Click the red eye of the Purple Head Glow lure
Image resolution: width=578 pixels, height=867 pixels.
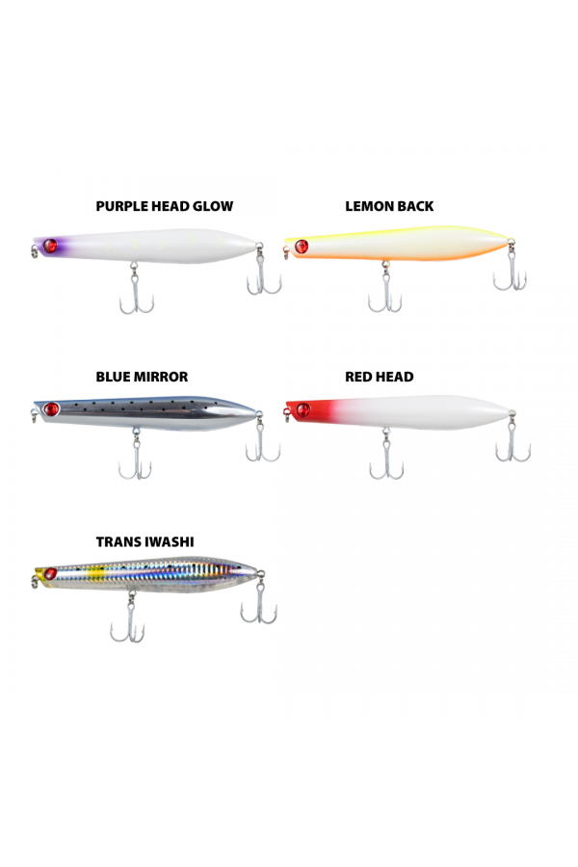50,246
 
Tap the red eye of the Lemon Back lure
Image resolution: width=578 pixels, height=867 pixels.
302,246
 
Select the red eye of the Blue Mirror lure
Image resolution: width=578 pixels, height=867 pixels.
51,409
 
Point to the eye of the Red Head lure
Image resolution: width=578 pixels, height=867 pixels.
303,410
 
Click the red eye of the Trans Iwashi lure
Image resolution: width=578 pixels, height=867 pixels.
50,574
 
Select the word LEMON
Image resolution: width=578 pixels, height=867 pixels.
366,206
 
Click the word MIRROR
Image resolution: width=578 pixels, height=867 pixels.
163,377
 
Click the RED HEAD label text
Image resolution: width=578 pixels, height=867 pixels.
380,377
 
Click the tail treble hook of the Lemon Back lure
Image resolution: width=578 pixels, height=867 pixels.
511,267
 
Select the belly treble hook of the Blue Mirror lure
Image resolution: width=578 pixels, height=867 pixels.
135,454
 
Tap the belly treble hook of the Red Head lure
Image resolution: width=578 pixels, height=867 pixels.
386,454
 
